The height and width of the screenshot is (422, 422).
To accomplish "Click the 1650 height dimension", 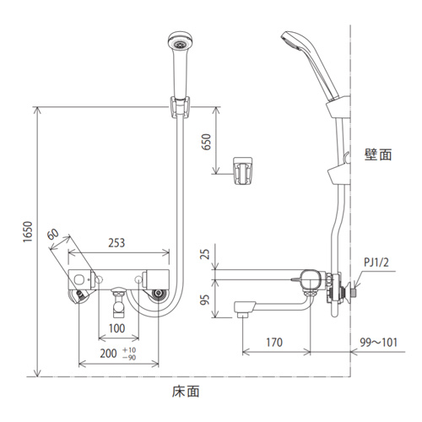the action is pos(28,231).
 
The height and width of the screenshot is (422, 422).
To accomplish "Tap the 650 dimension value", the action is pos(207,142).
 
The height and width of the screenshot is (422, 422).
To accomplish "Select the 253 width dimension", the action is pos(116,243).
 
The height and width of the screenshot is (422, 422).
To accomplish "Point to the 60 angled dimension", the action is pos(53,234).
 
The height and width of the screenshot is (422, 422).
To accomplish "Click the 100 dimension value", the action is pos(116,328).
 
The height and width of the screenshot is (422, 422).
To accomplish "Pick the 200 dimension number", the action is pos(108,354).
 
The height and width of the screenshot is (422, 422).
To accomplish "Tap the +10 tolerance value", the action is pos(129,350).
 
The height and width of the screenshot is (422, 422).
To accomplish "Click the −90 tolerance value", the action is pos(129,358).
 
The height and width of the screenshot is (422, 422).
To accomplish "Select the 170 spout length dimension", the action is pos(274,343).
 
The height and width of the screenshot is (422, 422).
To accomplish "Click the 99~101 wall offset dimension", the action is pos(379,343).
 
